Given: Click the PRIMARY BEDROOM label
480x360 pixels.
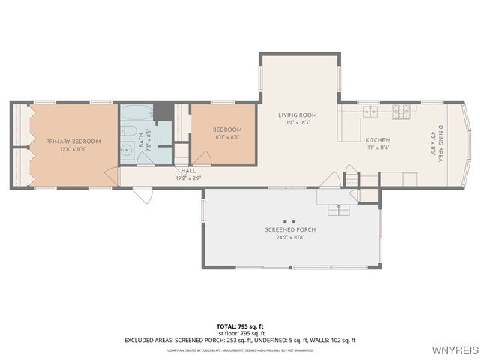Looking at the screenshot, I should [73, 141].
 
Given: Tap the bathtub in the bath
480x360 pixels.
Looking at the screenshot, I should [136, 115].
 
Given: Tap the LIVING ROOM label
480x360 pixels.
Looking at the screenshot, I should [298, 115].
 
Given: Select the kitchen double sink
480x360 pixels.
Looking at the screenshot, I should [371, 112].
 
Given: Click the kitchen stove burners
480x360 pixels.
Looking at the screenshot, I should [401, 112].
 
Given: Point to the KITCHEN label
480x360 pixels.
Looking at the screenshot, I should [377, 140].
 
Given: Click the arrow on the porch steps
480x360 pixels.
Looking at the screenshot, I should [338, 207].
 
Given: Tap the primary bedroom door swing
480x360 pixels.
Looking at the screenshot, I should [111, 177].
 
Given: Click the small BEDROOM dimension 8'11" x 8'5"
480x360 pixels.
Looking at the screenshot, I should [227, 137].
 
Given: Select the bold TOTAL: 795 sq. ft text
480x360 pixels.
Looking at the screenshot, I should [239, 326].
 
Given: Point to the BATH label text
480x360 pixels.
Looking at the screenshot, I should [140, 142].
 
